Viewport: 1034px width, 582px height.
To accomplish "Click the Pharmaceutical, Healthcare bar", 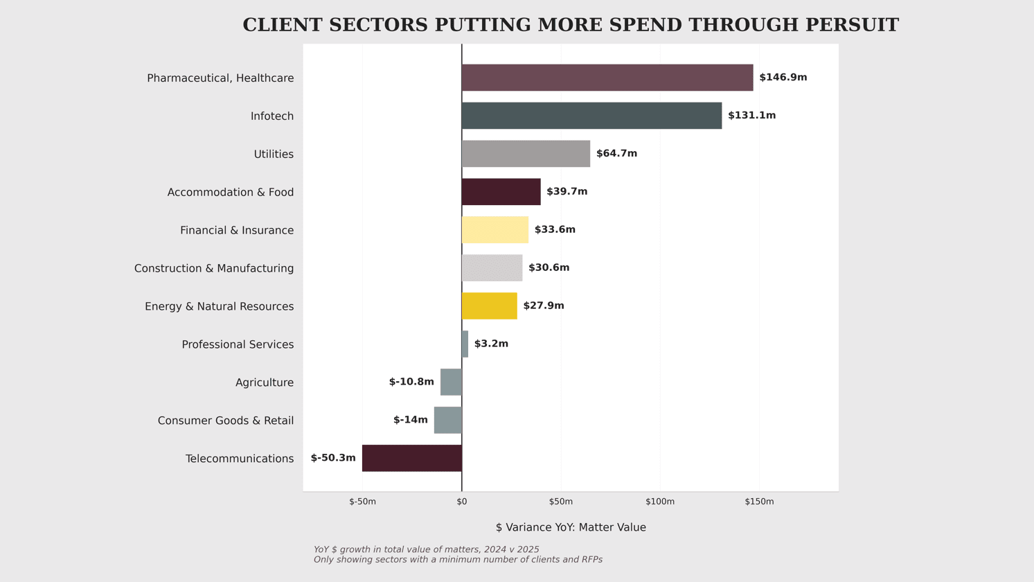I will tap(607, 78).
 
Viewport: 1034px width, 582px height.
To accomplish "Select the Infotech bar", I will tap(591, 116).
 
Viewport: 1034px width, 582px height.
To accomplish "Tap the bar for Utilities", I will tap(526, 154).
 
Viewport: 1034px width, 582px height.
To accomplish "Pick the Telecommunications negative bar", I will tap(412, 458).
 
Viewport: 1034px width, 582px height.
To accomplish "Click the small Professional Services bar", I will tap(465, 344).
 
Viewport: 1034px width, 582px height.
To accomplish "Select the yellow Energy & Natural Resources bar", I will tap(489, 306).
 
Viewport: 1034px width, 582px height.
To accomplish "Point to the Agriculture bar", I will tap(451, 382).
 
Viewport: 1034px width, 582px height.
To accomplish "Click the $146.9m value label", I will tap(783, 78).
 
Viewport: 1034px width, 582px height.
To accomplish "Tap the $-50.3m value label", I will tap(333, 458).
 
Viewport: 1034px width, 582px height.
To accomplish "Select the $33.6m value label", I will tap(555, 230).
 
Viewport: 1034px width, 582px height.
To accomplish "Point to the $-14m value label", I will tap(411, 420).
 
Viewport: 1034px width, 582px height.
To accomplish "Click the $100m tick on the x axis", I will tap(660, 502).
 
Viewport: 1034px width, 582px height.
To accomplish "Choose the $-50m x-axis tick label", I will tap(362, 502).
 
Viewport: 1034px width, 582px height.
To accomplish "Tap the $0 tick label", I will tap(462, 502).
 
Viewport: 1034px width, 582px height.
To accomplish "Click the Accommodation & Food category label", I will tap(231, 193).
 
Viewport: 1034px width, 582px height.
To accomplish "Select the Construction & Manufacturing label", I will tap(214, 269).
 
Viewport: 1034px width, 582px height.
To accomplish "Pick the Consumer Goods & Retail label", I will tap(226, 421).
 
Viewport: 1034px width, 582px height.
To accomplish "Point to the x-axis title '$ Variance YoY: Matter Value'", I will tap(571, 528).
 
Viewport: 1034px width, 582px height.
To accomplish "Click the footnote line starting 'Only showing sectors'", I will tap(458, 560).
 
